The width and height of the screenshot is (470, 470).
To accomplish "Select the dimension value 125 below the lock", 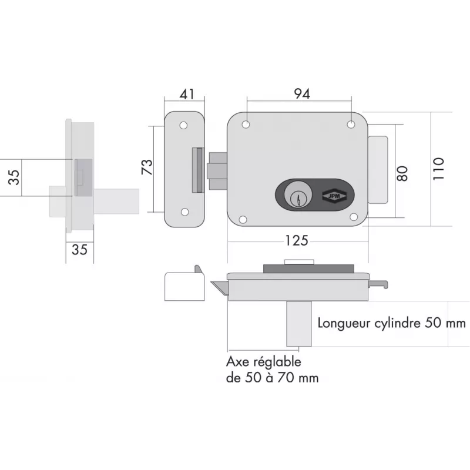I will [297, 241].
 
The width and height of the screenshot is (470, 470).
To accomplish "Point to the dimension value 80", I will [402, 174].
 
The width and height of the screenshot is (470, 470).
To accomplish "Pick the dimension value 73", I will [148, 167].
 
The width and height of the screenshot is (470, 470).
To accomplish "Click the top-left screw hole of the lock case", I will [246, 125].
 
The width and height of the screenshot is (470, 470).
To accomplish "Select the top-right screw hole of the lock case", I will [351, 125].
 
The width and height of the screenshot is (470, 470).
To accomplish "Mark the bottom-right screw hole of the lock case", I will [354, 217].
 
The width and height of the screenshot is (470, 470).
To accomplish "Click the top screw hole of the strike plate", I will [184, 126].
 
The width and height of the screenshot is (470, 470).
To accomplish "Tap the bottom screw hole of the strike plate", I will [184, 212].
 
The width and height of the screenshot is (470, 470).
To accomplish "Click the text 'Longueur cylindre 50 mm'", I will [391, 323].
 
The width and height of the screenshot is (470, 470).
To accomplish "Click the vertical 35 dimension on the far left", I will [15, 177].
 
